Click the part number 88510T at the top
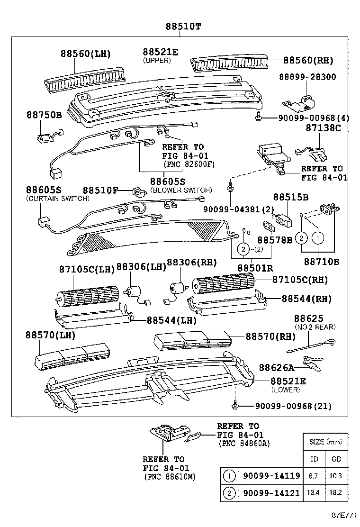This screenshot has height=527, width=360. [183, 27]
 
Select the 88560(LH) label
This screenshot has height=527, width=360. [85, 54]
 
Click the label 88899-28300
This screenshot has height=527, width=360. [307, 77]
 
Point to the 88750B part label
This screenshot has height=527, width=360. [44, 115]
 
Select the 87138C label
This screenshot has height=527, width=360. [324, 128]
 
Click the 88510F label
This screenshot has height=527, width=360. [100, 190]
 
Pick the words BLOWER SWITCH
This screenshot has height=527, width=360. [181, 190]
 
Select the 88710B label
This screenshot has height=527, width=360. [322, 261]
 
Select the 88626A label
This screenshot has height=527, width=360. [276, 367]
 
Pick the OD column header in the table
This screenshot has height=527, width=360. [337, 459]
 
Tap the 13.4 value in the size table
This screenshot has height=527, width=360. [314, 493]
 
